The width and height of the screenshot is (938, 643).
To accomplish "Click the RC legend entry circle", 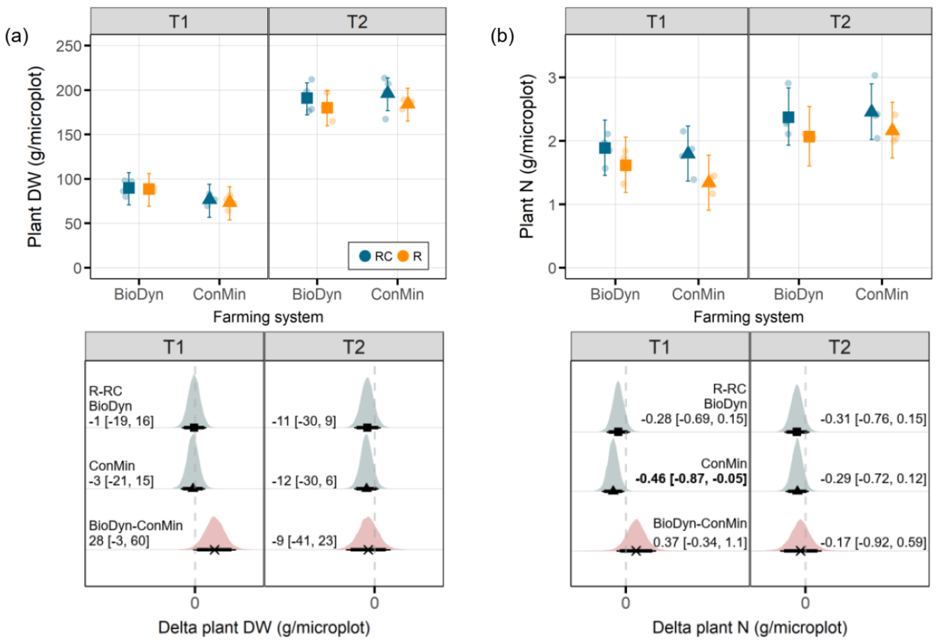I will pos(365,256).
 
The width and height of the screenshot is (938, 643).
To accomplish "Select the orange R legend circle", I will pos(403,256).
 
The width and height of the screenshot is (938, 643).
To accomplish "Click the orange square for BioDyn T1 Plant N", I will pos(625,165).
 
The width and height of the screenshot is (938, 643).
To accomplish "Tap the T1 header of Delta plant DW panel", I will pos(174,347).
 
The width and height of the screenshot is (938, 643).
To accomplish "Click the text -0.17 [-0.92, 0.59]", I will pos(873,542).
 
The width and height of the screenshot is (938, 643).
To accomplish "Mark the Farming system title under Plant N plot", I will pos(748,317).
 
